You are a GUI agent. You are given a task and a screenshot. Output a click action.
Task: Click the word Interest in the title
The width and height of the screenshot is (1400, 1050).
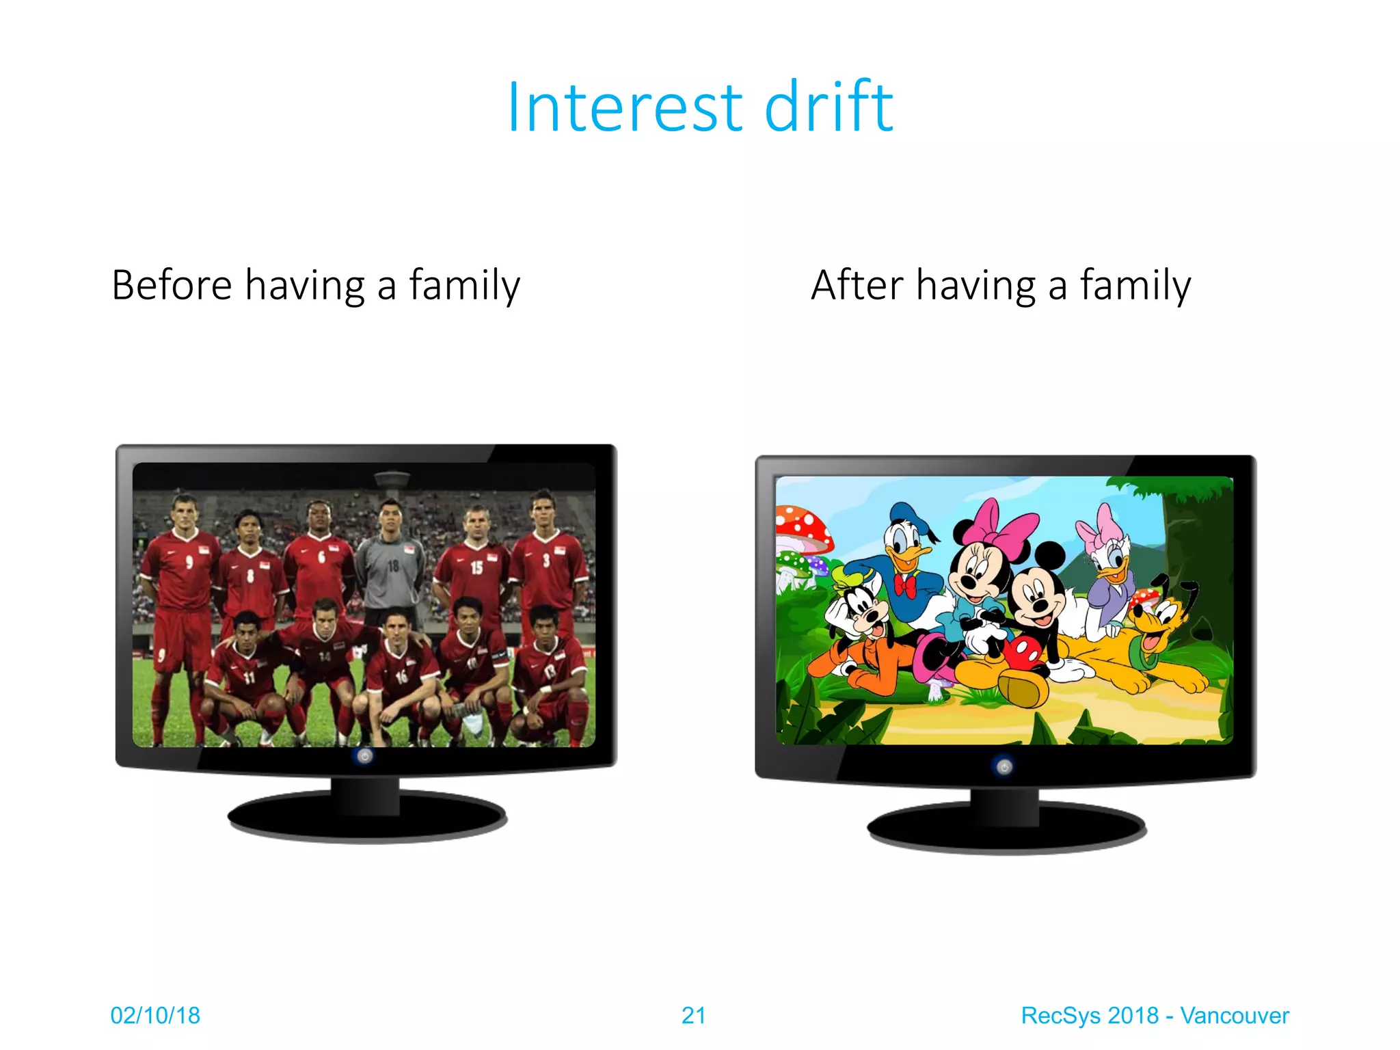pos(624,107)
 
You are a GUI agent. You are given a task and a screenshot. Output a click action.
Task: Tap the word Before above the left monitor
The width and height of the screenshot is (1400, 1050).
pos(172,285)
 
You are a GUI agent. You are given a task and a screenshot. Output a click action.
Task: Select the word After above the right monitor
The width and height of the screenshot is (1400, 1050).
pos(857,285)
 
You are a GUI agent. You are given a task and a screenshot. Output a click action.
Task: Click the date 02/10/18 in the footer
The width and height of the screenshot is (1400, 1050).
pos(155,1015)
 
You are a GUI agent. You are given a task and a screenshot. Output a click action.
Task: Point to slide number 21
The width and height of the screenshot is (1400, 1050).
pos(693,1015)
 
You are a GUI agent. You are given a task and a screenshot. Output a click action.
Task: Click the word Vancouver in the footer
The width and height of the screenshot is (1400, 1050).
pos(1234,1015)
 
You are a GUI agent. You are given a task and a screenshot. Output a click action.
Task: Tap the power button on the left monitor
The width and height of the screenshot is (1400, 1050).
pos(365,756)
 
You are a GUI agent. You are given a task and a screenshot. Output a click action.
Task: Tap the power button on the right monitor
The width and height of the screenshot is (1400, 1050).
pos(1004,767)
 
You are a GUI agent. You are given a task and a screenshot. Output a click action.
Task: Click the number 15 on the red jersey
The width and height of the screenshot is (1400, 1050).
pos(476,567)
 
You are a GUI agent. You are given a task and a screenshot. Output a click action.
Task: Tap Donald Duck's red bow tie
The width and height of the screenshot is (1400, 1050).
pos(906,587)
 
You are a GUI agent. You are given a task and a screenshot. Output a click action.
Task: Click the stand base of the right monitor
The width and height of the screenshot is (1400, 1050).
pos(1006,829)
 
